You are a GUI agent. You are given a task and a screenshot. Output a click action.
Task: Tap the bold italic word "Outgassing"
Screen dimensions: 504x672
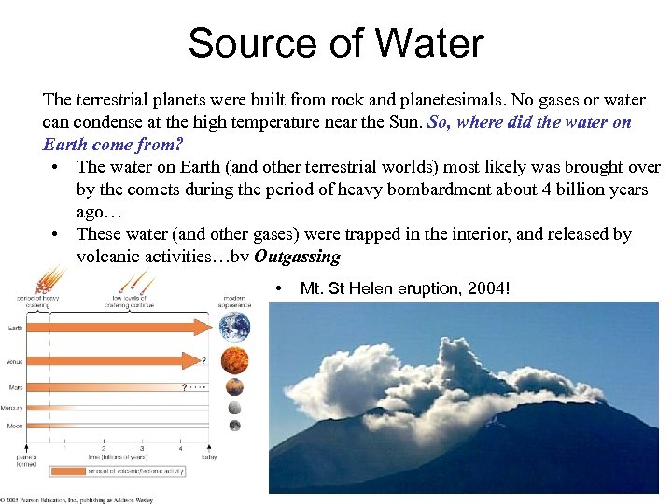click(298, 257)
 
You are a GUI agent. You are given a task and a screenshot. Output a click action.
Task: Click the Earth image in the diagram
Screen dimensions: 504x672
click(234, 327)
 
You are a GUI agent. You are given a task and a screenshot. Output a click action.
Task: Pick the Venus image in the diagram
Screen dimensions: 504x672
click(234, 360)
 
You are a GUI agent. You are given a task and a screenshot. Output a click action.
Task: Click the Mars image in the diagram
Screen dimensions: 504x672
click(234, 386)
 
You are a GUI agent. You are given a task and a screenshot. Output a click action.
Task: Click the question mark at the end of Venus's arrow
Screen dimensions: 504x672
click(203, 357)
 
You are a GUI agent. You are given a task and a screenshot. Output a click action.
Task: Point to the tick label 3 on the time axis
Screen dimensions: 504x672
click(141, 449)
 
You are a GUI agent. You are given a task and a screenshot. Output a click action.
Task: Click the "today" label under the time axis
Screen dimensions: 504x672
click(209, 457)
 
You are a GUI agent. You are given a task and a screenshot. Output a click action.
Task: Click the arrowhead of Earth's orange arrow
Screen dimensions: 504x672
click(208, 329)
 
